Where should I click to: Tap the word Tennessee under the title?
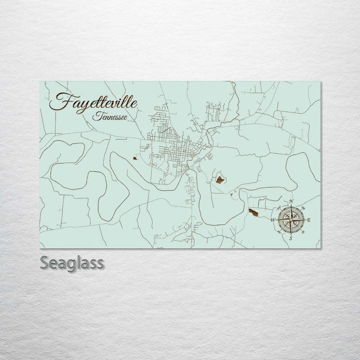coord(109,117)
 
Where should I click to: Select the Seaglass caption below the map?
coord(71,262)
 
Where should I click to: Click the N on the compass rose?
coord(291,202)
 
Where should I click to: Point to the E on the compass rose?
coord(308,220)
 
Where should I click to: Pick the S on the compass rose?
coord(290,238)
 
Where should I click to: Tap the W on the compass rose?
coord(273,220)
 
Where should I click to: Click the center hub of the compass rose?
coord(291,220)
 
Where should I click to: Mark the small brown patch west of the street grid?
coord(134,158)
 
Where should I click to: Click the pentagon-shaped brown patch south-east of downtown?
coord(219,179)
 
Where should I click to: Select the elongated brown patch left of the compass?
coord(253,212)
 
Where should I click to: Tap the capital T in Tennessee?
coord(95,117)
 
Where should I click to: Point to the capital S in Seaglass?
coord(44,262)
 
